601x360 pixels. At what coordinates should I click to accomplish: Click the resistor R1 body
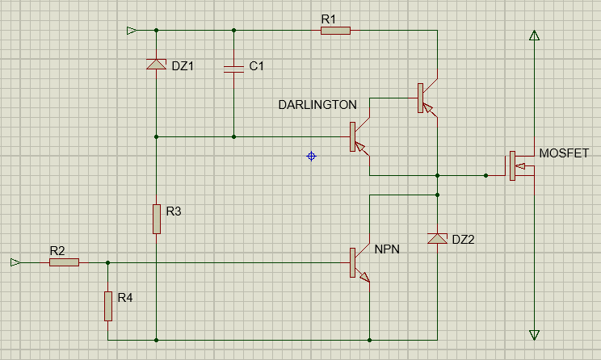click(x=335, y=31)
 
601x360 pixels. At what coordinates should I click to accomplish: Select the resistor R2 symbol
click(x=64, y=262)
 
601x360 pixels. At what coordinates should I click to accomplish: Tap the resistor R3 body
click(x=157, y=219)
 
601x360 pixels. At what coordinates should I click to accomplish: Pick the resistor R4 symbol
click(x=108, y=306)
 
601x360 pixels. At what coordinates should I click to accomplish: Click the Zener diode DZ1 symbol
click(x=157, y=64)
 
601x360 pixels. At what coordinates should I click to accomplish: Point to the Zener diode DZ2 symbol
click(x=437, y=238)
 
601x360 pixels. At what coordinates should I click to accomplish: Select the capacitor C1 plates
click(x=233, y=69)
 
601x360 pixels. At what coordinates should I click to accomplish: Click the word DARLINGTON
click(x=317, y=105)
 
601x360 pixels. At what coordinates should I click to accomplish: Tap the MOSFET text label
click(x=564, y=153)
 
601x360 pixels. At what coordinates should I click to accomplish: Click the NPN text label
click(x=387, y=249)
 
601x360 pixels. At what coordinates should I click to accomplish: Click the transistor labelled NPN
click(x=359, y=263)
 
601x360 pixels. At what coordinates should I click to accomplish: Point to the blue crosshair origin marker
click(x=311, y=157)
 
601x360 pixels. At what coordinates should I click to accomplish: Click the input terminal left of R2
click(x=15, y=262)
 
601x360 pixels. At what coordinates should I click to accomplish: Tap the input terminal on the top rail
click(x=132, y=30)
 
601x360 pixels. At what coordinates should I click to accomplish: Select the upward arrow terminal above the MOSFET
click(x=534, y=36)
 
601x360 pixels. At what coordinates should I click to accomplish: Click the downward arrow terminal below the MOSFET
click(x=534, y=335)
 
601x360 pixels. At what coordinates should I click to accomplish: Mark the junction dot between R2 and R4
click(x=108, y=262)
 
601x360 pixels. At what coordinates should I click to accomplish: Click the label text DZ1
click(x=183, y=66)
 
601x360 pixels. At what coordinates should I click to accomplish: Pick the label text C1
click(x=256, y=66)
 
